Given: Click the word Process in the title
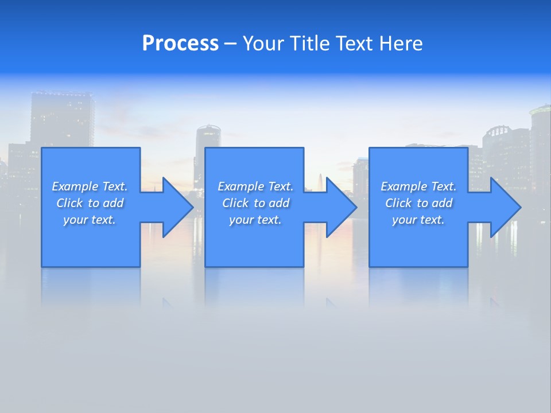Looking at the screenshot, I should pyautogui.click(x=180, y=44).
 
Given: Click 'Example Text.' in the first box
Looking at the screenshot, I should pyautogui.click(x=90, y=186).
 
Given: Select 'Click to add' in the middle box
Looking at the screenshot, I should pyautogui.click(x=255, y=203).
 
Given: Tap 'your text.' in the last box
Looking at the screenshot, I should pyautogui.click(x=418, y=220).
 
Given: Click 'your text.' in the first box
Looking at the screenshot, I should pyautogui.click(x=90, y=220).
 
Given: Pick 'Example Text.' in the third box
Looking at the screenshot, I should pyautogui.click(x=418, y=186).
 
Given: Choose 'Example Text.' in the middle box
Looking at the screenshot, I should pyautogui.click(x=255, y=186).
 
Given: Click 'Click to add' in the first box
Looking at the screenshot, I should pyautogui.click(x=90, y=203).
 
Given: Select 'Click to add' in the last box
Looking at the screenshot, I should pyautogui.click(x=418, y=203).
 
